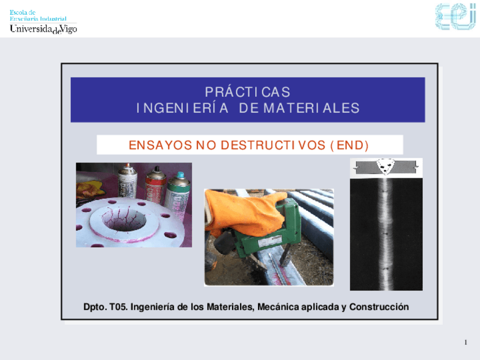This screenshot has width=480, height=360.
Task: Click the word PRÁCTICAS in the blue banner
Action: tap(247, 92)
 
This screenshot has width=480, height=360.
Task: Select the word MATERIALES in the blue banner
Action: tap(311, 108)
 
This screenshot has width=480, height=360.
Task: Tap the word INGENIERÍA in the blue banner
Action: tap(182, 108)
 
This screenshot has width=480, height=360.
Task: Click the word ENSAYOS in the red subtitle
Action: tap(160, 145)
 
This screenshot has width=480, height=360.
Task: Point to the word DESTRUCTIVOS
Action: tap(273, 145)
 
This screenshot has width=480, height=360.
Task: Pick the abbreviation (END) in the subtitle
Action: tap(349, 145)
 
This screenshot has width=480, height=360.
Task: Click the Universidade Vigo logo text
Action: tap(44, 29)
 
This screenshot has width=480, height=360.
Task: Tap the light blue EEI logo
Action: tap(456, 16)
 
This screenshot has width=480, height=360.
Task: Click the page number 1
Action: tap(466, 342)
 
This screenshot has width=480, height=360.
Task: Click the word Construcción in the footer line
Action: tap(379, 307)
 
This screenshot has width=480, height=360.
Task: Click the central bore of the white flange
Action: tap(124, 220)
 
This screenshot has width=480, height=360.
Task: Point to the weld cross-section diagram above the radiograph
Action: tap(385, 167)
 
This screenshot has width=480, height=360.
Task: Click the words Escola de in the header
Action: tap(23, 12)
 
